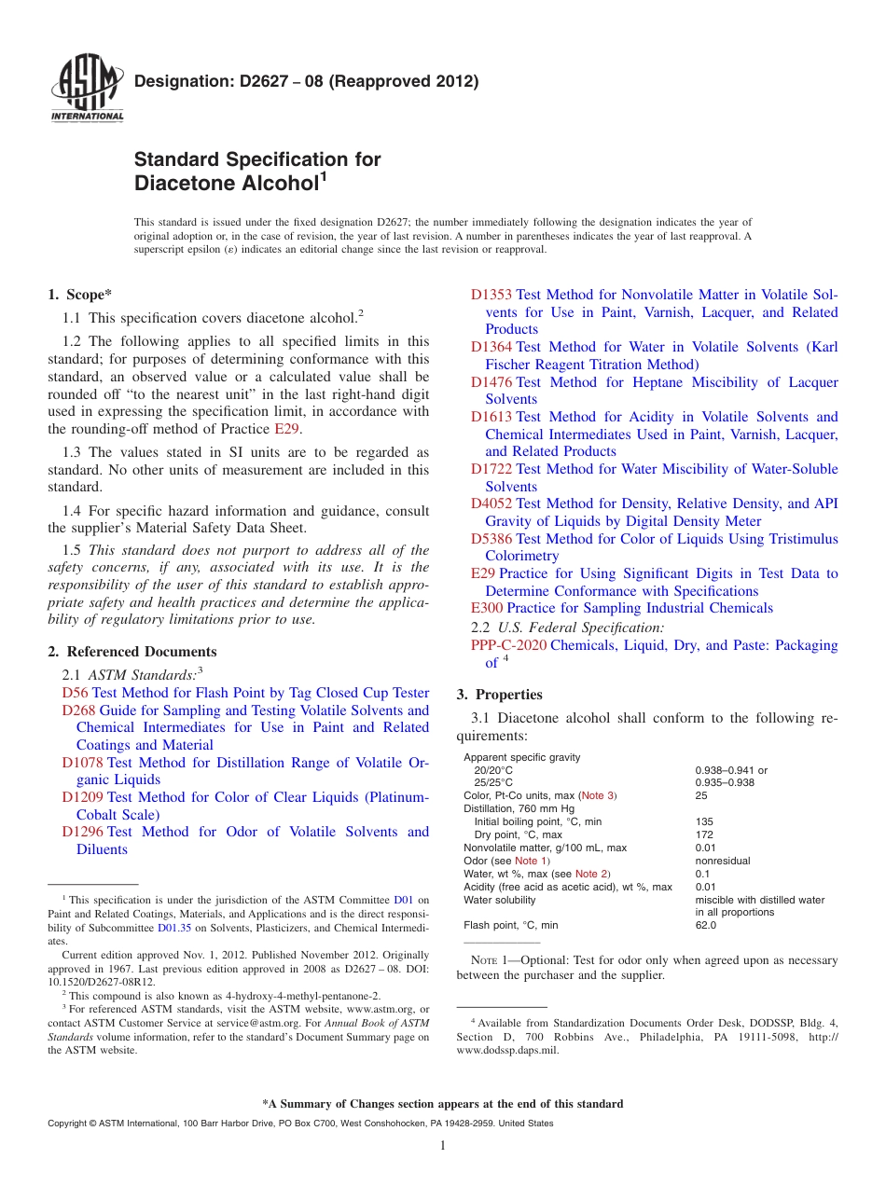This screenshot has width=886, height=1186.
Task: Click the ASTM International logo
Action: point(87,89)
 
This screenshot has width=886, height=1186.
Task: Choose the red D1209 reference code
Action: point(83,797)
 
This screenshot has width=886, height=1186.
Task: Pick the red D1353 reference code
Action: point(491,295)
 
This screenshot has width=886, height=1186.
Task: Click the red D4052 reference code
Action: point(491,503)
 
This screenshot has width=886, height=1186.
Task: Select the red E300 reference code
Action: point(487,608)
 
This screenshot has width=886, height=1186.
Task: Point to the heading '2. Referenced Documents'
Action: point(132,652)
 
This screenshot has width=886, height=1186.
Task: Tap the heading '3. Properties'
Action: point(499,695)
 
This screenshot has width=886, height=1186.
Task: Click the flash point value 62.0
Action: point(706,925)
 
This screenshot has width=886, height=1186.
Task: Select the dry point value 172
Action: point(704,834)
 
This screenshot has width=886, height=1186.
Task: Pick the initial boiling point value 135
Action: point(704,821)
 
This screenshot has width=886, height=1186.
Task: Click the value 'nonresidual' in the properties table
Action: point(723,861)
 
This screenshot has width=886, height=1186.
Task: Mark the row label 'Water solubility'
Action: point(500,900)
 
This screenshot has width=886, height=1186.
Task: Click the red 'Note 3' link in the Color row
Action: point(598,795)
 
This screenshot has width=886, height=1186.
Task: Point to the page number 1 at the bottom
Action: point(443,1145)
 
